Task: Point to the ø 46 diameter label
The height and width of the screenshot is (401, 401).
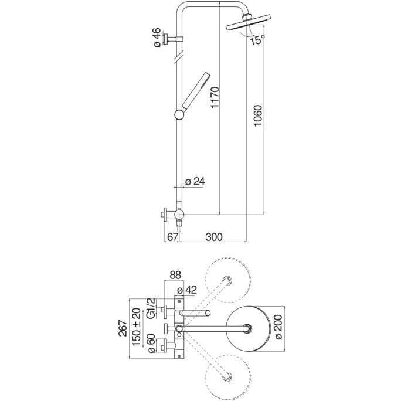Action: pos(157,37)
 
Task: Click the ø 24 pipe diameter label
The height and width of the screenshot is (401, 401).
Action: pos(194,181)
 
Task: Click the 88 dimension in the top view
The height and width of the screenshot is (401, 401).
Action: pos(175,274)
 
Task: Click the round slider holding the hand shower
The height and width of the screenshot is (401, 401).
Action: pos(178,114)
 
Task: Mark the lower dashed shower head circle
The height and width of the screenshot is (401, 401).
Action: pos(228,376)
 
